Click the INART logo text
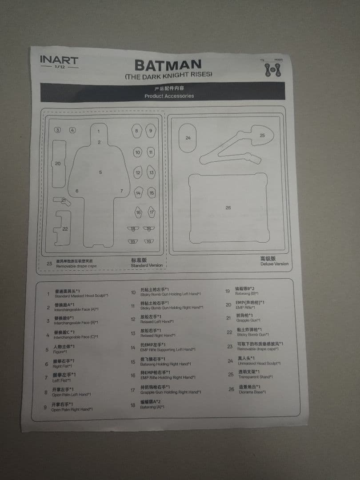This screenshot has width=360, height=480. point(59,60)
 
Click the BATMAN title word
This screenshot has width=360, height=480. point(168,65)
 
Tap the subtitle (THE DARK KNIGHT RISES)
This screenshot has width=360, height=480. point(168,75)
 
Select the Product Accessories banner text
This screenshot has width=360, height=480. point(169,96)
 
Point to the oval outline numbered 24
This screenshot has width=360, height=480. point(188,138)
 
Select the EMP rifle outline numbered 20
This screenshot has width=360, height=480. point(58,164)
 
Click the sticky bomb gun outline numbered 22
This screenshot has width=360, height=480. point(62,228)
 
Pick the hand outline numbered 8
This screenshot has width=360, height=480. point(137,131)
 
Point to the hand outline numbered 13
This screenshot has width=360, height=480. point(152,172)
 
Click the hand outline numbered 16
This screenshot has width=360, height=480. point(138,212)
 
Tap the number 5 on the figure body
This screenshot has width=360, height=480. point(100,172)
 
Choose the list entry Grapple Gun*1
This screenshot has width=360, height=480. point(249,320)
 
